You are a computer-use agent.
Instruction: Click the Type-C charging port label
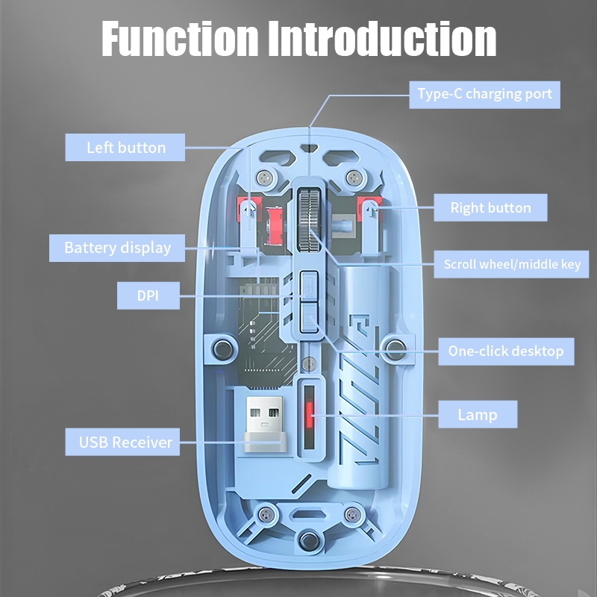coord(484,94)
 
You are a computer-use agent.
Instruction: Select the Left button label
coord(125,147)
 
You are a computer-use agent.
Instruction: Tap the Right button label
coord(490,208)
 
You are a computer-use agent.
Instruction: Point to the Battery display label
coord(117,248)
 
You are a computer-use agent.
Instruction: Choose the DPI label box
coord(149,296)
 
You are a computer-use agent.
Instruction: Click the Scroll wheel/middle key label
coord(512,264)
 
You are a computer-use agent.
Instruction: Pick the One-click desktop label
coord(505,350)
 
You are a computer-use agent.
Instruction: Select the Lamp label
coord(478,414)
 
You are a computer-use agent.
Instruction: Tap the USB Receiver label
coord(125,442)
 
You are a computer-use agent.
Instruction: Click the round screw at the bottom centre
coord(305,541)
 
